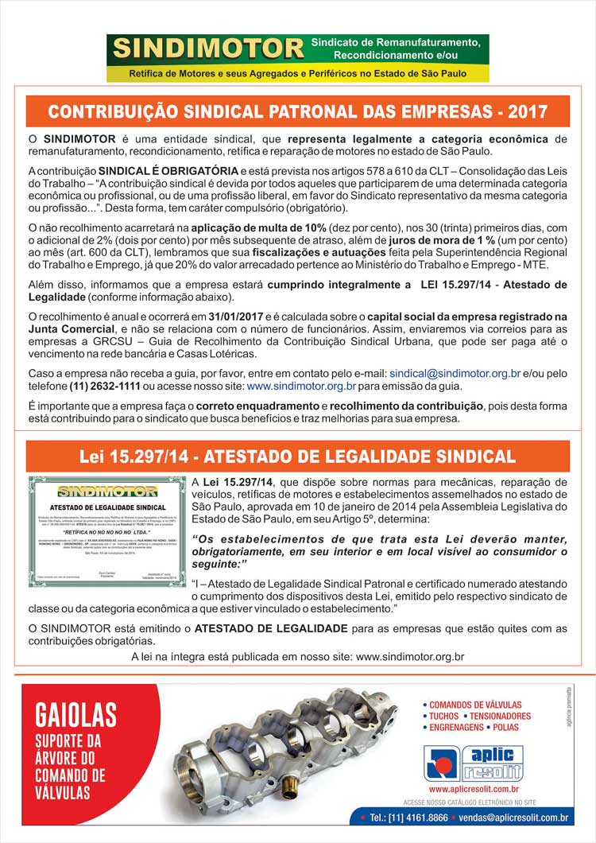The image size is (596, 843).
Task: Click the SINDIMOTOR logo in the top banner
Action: click(x=208, y=49)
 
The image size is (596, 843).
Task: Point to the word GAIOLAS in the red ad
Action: click(x=75, y=713)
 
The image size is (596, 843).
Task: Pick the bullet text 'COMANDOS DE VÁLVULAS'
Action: click(x=476, y=705)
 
